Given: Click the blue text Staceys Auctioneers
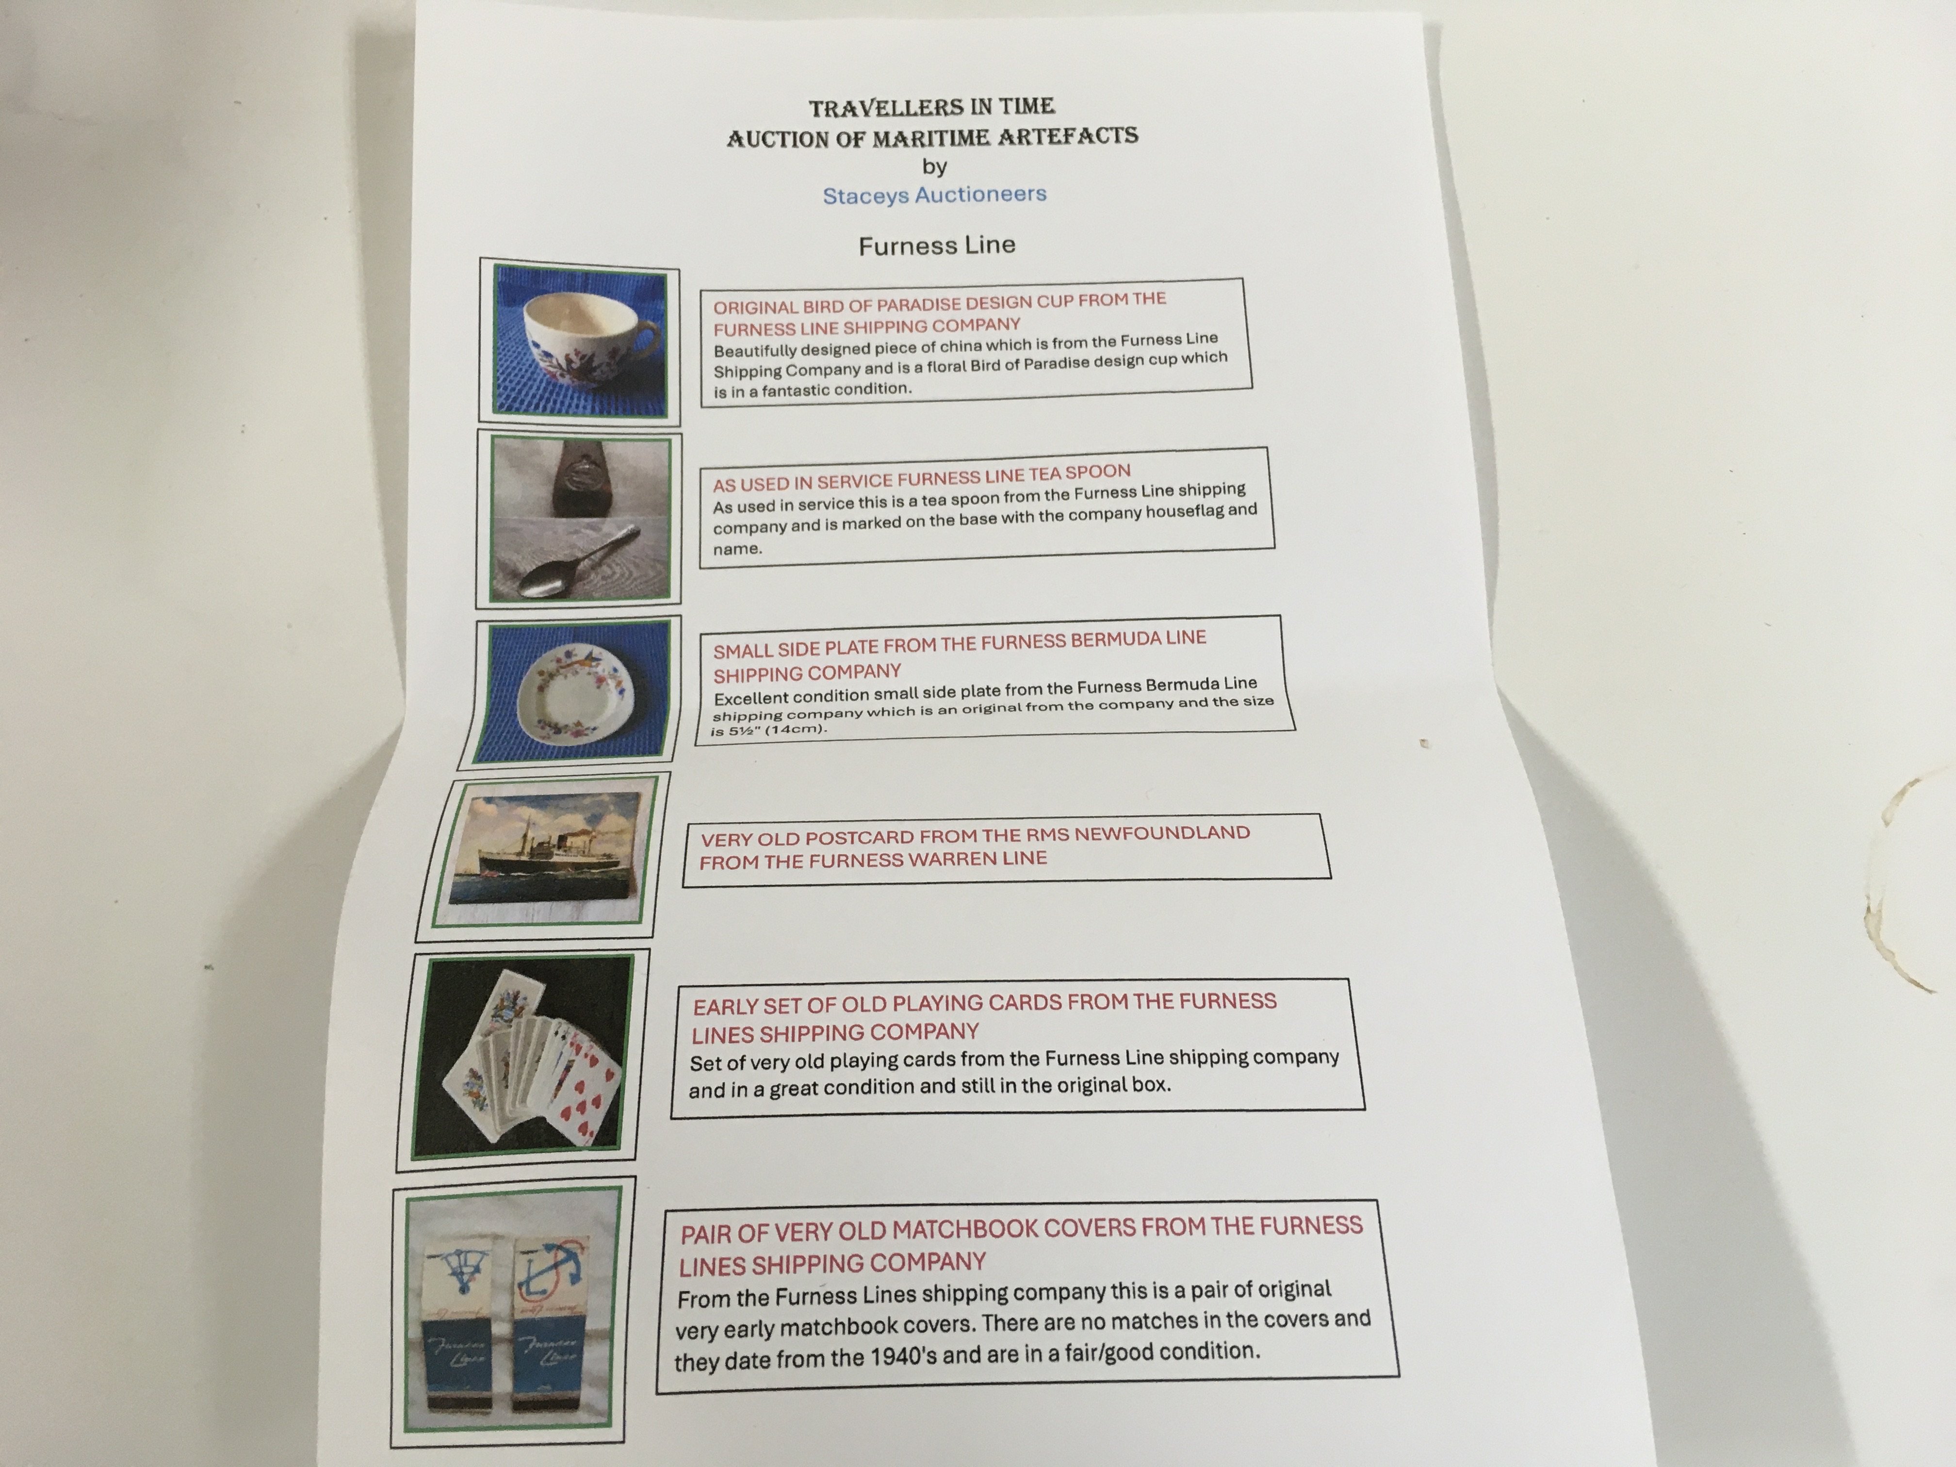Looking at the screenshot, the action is click(935, 195).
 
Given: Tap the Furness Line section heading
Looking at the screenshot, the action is click(937, 245).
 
